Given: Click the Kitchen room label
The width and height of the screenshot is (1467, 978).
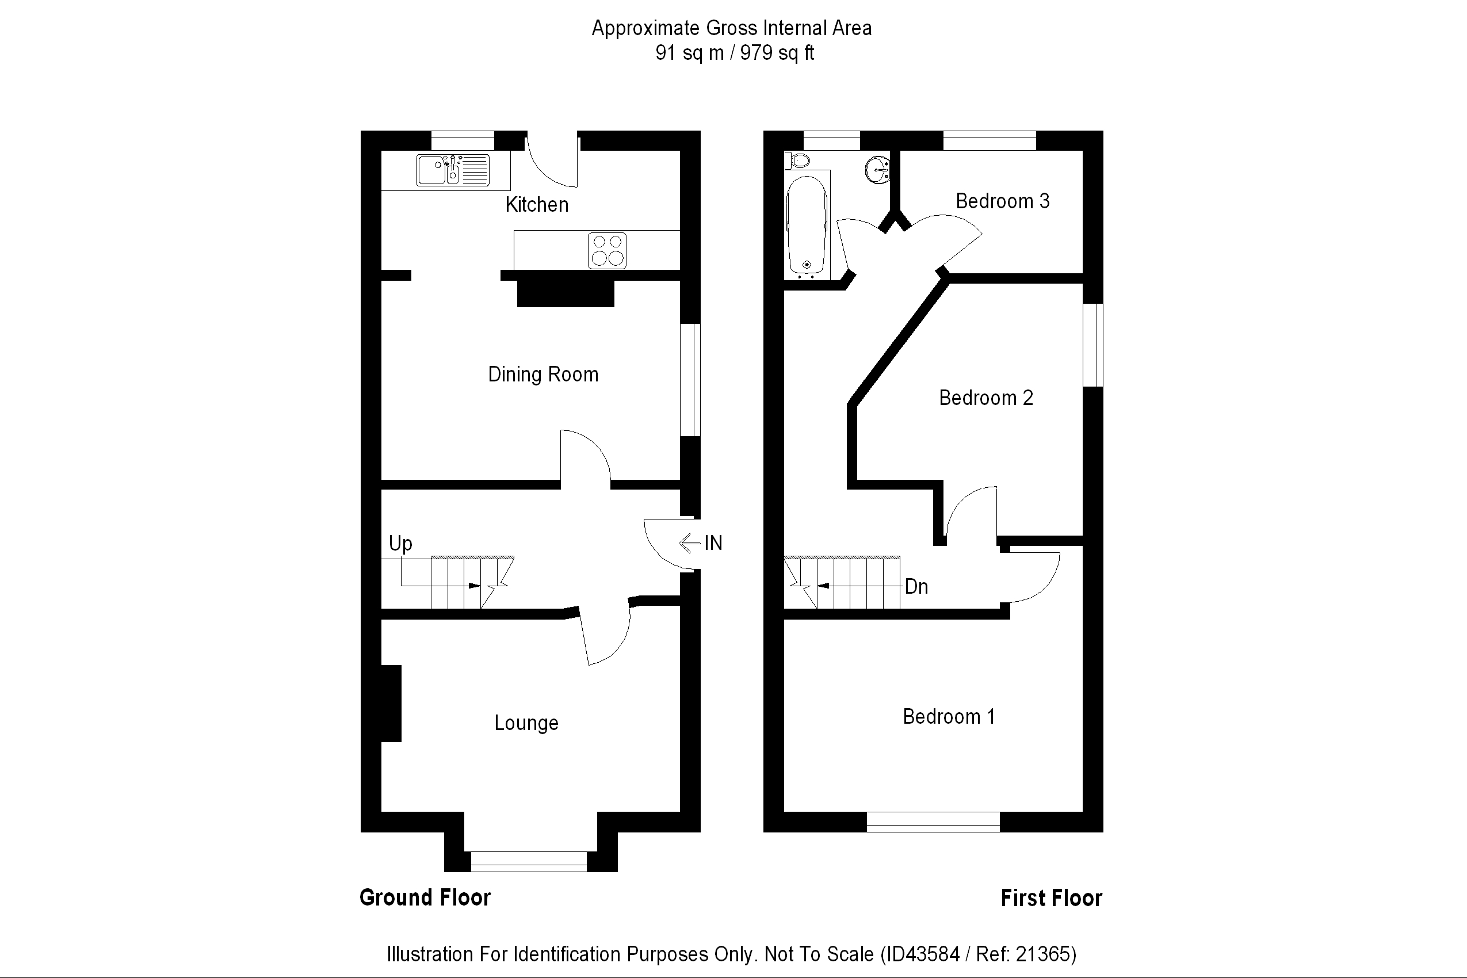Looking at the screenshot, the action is click(x=536, y=205).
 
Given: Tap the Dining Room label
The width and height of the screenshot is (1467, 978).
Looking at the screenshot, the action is click(x=543, y=375).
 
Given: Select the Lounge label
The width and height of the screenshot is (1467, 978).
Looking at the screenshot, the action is click(x=526, y=723).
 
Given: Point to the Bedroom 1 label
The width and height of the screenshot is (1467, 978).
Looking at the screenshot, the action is click(x=948, y=717).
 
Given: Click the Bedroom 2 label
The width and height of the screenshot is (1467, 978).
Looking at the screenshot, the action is click(x=985, y=398).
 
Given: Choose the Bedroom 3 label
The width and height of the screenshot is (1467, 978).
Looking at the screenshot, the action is click(x=1002, y=201).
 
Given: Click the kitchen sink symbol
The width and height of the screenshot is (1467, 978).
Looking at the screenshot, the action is click(x=453, y=170).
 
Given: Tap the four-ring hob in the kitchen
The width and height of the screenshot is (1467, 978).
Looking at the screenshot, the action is click(x=607, y=250).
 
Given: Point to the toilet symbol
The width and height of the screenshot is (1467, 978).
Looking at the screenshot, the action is click(x=797, y=161).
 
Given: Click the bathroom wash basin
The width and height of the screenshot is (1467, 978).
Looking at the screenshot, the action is click(x=877, y=170).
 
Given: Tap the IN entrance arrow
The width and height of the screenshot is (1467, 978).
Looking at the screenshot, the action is click(x=689, y=543).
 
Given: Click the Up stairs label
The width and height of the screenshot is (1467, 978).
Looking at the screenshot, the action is click(x=400, y=544).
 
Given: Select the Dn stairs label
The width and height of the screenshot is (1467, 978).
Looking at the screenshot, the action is click(x=916, y=586).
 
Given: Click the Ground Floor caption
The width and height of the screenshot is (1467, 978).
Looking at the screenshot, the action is click(x=425, y=897).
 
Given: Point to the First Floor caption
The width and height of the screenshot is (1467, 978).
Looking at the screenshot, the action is click(x=1051, y=898).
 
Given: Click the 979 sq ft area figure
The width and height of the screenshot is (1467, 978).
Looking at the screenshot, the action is click(x=777, y=53).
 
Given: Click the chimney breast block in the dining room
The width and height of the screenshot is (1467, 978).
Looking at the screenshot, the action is click(x=565, y=294).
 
